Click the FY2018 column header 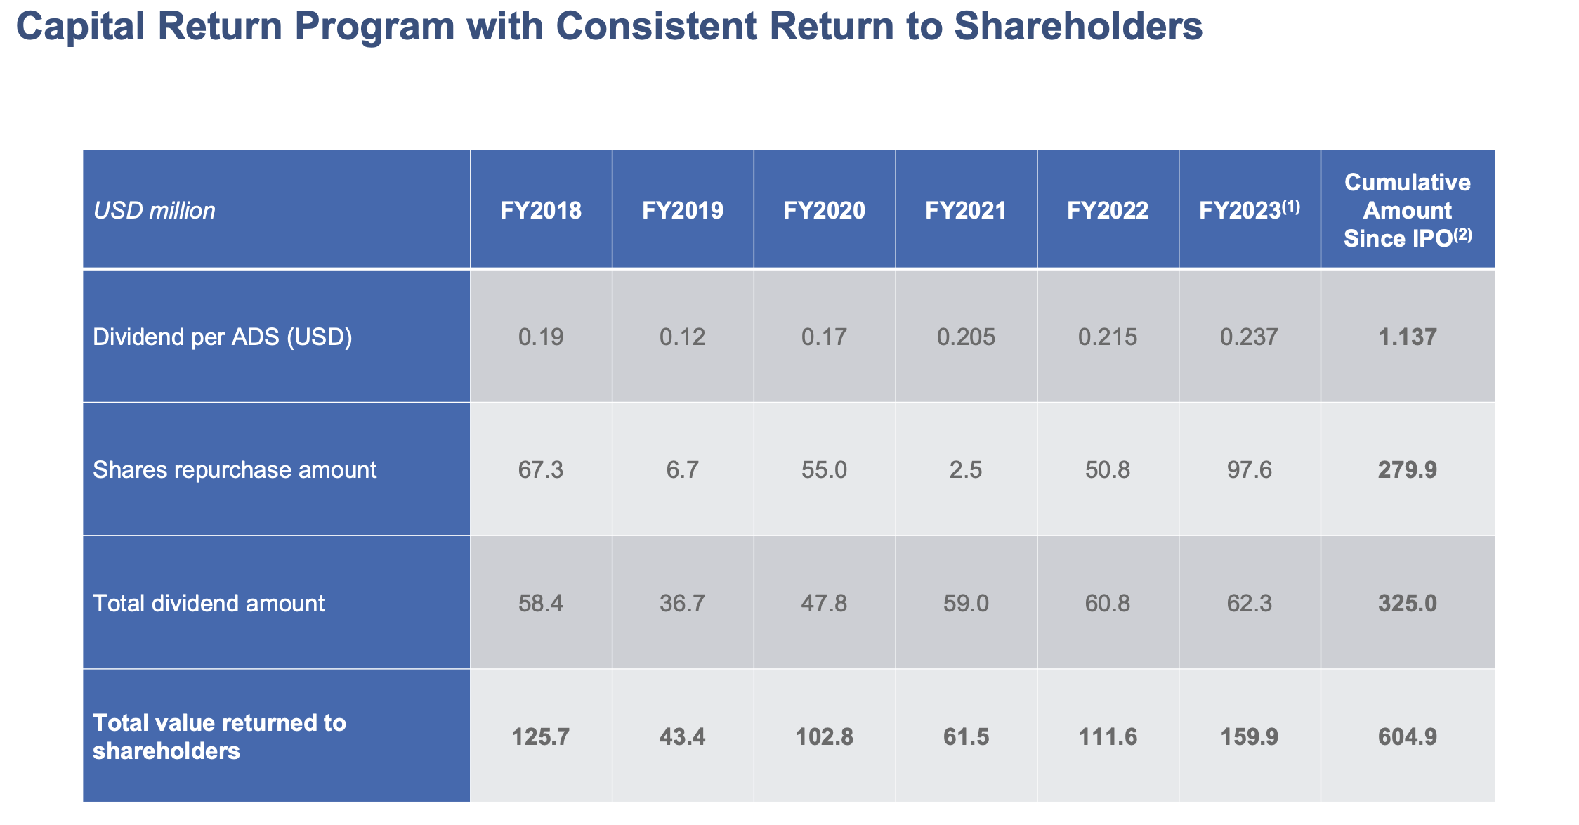point(541,210)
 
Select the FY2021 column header point(966,210)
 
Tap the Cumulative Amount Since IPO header point(1408,210)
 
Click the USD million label point(155,211)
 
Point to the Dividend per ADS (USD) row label point(223,337)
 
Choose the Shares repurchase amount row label point(235,469)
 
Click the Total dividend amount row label point(209,603)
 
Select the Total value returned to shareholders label point(219,736)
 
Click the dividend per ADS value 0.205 point(966,337)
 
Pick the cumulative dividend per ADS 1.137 point(1408,337)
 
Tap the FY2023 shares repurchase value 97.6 point(1250,469)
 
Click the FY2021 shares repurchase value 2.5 point(966,469)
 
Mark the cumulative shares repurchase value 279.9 point(1408,469)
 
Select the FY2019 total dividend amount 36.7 point(683,603)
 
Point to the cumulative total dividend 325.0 point(1408,603)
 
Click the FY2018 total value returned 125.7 point(541,736)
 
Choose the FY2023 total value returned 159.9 point(1250,736)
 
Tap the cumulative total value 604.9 point(1408,736)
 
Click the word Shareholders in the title point(1078,27)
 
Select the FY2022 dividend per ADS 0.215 point(1108,337)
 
